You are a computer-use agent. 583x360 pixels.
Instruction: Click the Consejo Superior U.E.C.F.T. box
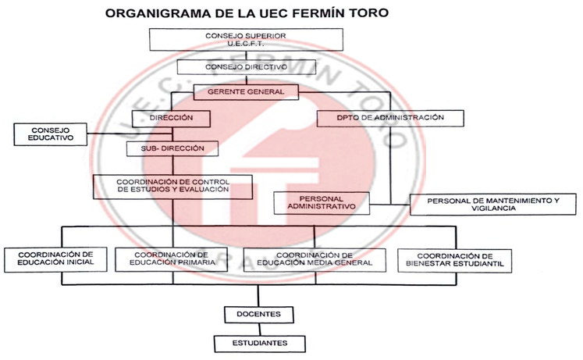246,39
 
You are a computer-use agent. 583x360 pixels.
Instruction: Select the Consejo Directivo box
246,67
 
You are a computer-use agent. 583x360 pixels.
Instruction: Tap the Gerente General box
246,92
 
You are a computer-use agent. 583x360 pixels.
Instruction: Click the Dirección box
171,119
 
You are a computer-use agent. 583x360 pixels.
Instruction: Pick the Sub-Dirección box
172,148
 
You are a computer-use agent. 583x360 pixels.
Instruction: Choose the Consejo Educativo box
51,134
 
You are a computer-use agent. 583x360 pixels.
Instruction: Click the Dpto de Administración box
390,118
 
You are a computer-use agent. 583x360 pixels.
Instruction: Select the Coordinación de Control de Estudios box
173,187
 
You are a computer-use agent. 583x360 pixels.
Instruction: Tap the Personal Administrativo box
322,203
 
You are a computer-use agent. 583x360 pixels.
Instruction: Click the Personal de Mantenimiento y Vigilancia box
493,205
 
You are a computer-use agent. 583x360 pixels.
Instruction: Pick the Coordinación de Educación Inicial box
55,259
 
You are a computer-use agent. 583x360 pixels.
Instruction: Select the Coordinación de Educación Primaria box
172,259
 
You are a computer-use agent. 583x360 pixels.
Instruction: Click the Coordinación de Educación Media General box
315,259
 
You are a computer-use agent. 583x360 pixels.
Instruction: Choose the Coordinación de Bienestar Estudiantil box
455,261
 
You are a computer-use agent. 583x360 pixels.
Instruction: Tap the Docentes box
259,315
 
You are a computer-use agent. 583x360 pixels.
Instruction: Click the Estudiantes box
260,344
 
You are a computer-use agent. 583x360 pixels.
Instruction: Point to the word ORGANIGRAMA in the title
157,13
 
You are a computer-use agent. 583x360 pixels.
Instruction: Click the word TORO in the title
369,13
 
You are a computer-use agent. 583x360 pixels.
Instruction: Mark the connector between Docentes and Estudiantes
260,330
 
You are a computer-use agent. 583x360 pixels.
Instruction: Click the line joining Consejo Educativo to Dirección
130,134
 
